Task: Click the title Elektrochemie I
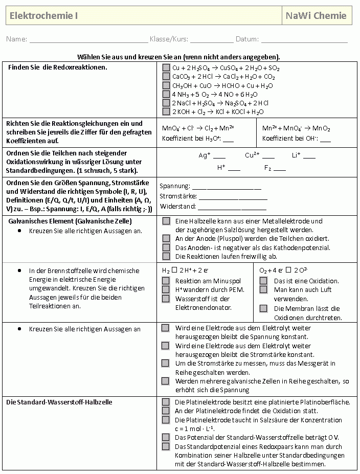[x=44, y=16]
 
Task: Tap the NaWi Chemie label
[x=316, y=16]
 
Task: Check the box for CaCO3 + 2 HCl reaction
[x=166, y=77]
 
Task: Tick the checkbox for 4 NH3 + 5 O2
[x=166, y=94]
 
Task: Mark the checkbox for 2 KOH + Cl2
[x=166, y=111]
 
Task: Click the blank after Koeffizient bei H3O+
[x=228, y=140]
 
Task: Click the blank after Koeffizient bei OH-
[x=325, y=140]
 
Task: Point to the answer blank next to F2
[x=279, y=169]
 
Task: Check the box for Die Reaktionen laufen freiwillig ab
[x=166, y=256]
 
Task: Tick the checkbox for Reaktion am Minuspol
[x=166, y=281]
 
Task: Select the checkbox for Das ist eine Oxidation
[x=263, y=281]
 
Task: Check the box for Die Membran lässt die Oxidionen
[x=263, y=308]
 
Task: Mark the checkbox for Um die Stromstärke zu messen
[x=166, y=363]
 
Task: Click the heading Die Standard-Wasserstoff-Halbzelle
[x=59, y=402]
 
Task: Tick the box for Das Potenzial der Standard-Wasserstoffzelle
[x=166, y=437]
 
